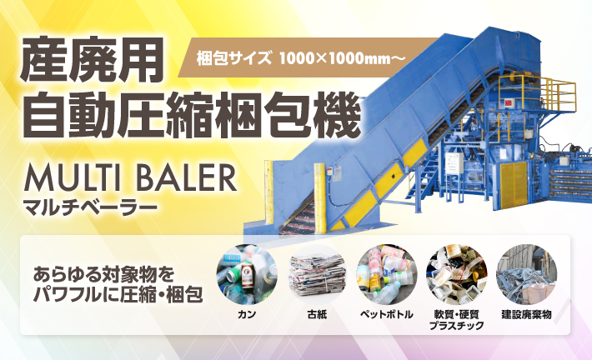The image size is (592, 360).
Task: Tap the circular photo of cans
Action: (247, 273)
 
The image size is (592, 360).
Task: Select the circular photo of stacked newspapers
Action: (316, 273)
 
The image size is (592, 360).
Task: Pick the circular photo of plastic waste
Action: (456, 273)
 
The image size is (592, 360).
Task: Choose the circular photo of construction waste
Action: (526, 273)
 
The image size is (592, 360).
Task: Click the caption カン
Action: (247, 316)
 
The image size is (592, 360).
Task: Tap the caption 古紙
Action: (316, 316)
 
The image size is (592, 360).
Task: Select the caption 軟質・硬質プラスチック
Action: (456, 321)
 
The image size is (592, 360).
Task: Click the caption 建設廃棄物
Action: (526, 316)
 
